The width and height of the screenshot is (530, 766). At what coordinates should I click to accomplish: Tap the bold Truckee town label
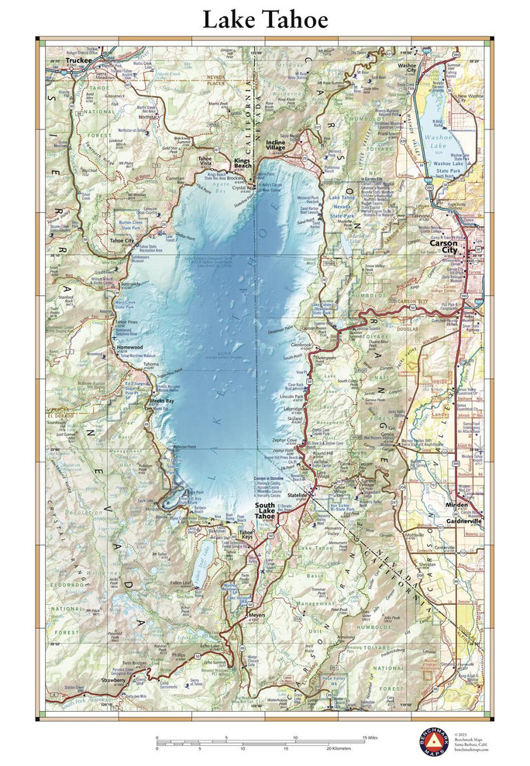point(79,60)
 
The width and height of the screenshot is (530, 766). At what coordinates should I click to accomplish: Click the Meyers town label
point(255,617)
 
